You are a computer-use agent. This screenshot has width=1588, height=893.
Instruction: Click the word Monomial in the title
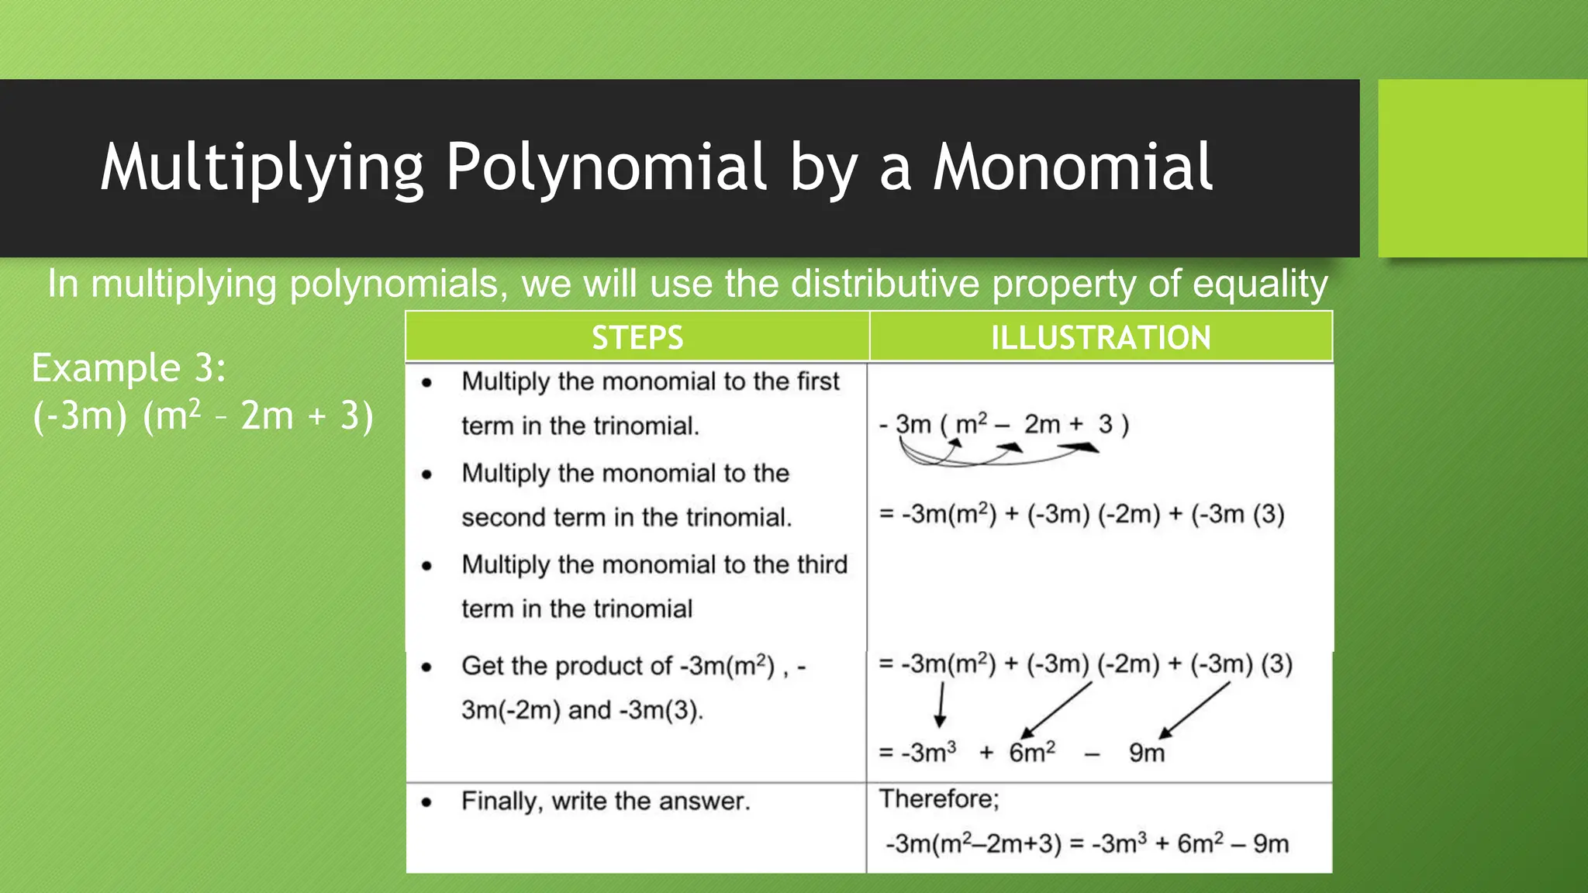[x=1072, y=167]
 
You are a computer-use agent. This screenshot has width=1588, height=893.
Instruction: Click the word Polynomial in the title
[x=606, y=167]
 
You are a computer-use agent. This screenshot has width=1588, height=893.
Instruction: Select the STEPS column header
[x=637, y=338]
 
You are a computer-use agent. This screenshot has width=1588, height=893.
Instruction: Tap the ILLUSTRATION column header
[x=1100, y=338]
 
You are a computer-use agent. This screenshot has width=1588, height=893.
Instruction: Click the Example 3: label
[x=129, y=367]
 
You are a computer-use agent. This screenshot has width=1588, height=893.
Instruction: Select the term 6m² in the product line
[x=1031, y=753]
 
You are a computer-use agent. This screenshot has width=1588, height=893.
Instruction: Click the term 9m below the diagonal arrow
[x=1146, y=753]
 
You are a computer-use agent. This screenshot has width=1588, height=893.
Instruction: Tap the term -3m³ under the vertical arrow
[x=928, y=753]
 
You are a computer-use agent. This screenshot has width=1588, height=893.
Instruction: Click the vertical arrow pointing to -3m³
[x=941, y=704]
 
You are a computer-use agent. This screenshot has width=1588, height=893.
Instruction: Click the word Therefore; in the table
[x=939, y=798]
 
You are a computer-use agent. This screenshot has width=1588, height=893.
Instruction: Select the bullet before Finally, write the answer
[x=426, y=802]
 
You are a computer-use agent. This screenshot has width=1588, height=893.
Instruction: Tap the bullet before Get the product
[x=426, y=667]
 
